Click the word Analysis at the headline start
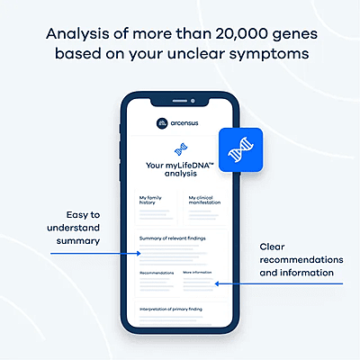[x=79, y=34]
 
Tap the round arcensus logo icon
[x=160, y=121]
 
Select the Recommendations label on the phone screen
[x=157, y=271]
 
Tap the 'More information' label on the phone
[x=199, y=271]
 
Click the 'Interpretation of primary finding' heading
[x=176, y=309]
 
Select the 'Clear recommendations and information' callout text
[x=296, y=259]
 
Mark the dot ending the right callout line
[x=216, y=284]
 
